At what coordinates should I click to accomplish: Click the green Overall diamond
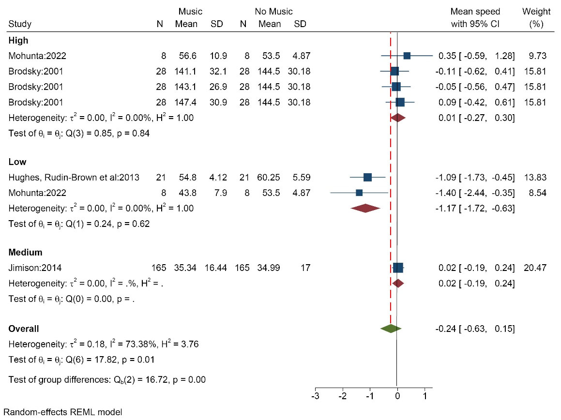(391, 329)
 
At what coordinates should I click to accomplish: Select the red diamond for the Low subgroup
(365, 208)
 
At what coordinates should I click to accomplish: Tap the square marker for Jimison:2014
(398, 268)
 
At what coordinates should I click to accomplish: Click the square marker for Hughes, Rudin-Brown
(367, 178)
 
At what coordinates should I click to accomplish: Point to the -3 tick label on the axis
(316, 397)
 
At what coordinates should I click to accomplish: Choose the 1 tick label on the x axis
(425, 397)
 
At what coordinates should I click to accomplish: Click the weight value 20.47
(535, 268)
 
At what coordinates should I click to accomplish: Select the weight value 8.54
(537, 193)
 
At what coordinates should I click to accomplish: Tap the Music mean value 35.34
(186, 268)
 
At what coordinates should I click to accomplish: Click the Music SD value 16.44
(216, 268)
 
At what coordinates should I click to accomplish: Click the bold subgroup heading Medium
(25, 252)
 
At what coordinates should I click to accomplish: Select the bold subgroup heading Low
(17, 162)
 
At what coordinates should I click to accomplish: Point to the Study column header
(20, 24)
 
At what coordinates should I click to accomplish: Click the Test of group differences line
(107, 379)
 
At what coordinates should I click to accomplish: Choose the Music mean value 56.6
(186, 56)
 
